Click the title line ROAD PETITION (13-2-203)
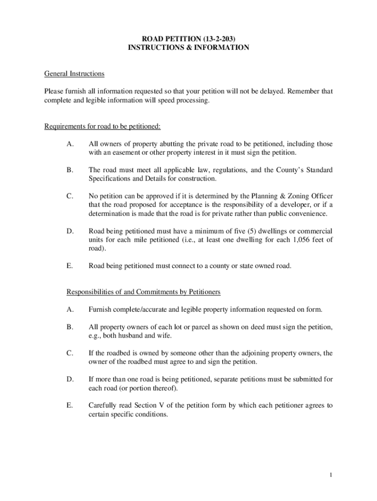[x=188, y=38]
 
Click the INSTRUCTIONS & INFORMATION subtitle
[x=188, y=47]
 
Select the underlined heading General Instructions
[x=74, y=74]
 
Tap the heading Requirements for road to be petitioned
[x=102, y=127]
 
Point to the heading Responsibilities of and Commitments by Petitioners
[x=143, y=292]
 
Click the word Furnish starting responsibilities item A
[x=100, y=309]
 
